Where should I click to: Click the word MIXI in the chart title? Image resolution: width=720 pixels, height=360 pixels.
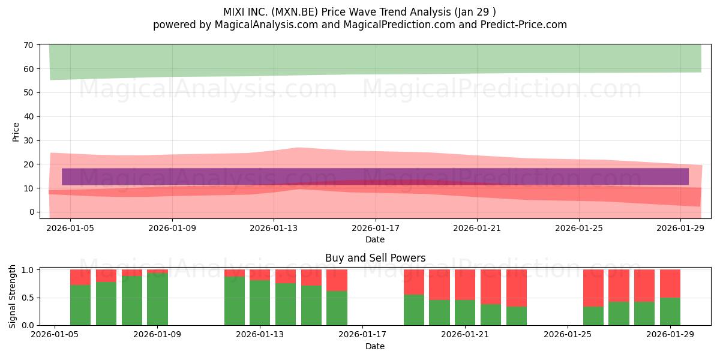(234, 12)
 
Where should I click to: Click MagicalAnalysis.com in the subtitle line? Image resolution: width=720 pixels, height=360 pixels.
(266, 25)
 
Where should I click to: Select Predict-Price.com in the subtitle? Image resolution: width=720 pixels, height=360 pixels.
(524, 25)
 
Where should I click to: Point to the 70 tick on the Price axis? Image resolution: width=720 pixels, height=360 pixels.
(28, 45)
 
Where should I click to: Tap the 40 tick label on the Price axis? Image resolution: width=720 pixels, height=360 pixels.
(28, 116)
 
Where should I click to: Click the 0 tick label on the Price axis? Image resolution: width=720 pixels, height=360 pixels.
(31, 212)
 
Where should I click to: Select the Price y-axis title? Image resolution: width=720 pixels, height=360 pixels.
(16, 132)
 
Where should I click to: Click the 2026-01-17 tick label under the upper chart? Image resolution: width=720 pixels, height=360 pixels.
(376, 228)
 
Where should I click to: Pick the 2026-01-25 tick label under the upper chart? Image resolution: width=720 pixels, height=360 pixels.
(579, 228)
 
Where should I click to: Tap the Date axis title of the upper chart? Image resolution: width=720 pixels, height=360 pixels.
(375, 239)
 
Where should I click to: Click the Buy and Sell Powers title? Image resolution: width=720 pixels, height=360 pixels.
(375, 258)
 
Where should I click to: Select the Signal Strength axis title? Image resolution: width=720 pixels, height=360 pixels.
(12, 296)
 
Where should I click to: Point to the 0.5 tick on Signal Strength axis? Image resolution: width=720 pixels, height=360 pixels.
(28, 298)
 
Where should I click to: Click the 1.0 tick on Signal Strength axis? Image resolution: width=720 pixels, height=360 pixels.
(28, 270)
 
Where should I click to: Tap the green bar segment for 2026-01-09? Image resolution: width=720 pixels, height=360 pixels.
(157, 299)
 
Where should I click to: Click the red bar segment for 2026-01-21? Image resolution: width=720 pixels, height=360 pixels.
(465, 285)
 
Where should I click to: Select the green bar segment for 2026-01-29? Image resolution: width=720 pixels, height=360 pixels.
(670, 311)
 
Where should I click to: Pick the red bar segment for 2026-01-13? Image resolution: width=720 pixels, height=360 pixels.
(260, 275)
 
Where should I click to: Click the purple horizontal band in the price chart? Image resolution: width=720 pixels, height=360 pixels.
(375, 177)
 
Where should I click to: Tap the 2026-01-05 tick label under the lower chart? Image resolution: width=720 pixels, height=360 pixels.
(55, 335)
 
